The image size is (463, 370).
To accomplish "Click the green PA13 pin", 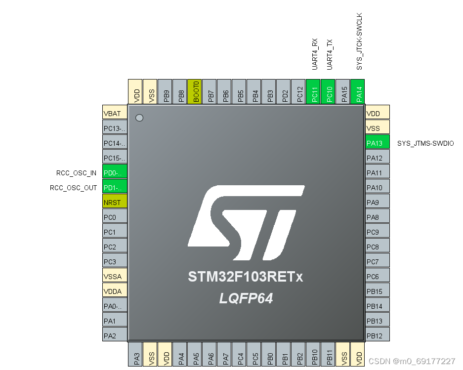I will [378, 143].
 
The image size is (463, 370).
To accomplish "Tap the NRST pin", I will [115, 202].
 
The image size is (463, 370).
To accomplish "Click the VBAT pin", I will [115, 113].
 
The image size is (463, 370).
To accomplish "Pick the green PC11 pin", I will [314, 92].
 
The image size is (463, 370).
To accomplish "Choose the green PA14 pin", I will [359, 92].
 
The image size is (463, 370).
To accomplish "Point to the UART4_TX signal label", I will [330, 54].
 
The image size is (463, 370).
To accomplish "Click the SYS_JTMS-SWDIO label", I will [425, 143].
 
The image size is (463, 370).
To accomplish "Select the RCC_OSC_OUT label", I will [74, 188].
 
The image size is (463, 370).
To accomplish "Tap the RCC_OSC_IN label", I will [77, 173].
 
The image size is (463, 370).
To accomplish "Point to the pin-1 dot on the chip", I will [139, 118].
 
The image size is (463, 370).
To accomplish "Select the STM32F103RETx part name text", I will [246, 277].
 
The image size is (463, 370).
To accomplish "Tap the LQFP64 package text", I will [246, 298].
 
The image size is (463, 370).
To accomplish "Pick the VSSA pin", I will [115, 276].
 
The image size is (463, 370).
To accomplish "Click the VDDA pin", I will [115, 291].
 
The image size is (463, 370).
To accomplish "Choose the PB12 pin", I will [378, 335].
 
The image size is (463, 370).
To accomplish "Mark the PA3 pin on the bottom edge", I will [136, 355].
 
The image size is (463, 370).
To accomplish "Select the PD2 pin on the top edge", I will [285, 92].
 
